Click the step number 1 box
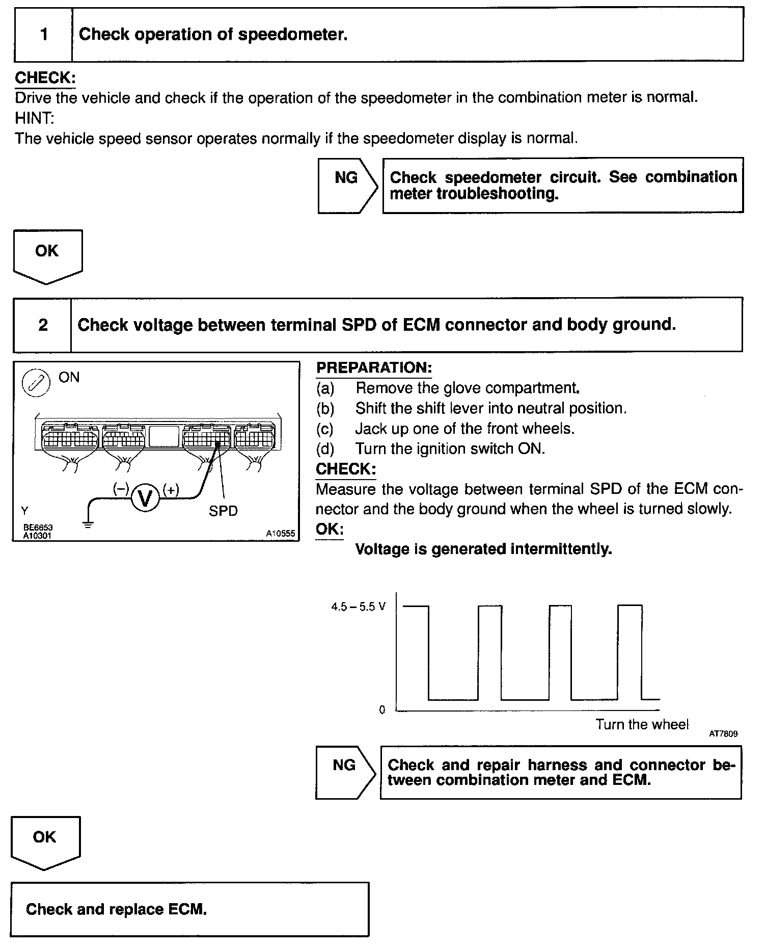pyautogui.click(x=44, y=35)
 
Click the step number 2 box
pyautogui.click(x=43, y=325)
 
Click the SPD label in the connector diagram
pyautogui.click(x=223, y=511)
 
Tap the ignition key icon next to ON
pyautogui.click(x=36, y=383)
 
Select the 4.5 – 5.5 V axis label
pyautogui.click(x=359, y=607)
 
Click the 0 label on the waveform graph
pyautogui.click(x=382, y=710)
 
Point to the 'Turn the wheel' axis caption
pyautogui.click(x=642, y=724)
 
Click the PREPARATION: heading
pyautogui.click(x=374, y=367)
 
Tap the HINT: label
pyautogui.click(x=34, y=118)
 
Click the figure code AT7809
pyautogui.click(x=723, y=734)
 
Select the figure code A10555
pyautogui.click(x=280, y=534)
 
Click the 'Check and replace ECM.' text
pyautogui.click(x=116, y=909)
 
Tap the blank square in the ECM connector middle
pyautogui.click(x=164, y=437)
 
